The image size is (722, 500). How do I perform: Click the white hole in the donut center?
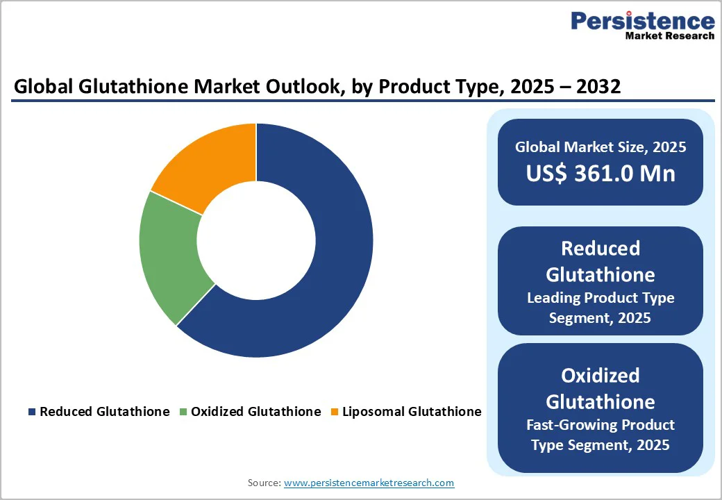(x=256, y=240)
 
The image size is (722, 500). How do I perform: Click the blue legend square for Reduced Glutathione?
(x=32, y=412)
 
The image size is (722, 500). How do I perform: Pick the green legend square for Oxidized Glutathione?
(x=183, y=412)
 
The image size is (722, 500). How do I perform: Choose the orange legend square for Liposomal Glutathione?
(x=335, y=412)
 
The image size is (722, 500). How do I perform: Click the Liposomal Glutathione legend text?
(x=412, y=412)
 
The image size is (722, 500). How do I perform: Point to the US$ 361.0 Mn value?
(x=600, y=173)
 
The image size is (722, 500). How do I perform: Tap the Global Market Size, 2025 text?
(x=600, y=147)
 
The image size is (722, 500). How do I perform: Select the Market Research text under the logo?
(x=669, y=35)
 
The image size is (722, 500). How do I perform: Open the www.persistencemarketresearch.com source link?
(x=369, y=483)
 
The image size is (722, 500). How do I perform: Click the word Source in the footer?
(x=263, y=483)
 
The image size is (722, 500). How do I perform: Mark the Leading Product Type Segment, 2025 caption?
(x=600, y=308)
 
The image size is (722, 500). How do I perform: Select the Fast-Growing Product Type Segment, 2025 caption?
(x=600, y=435)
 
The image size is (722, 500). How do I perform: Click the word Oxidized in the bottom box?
(x=600, y=376)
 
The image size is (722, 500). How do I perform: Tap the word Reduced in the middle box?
(x=600, y=249)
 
